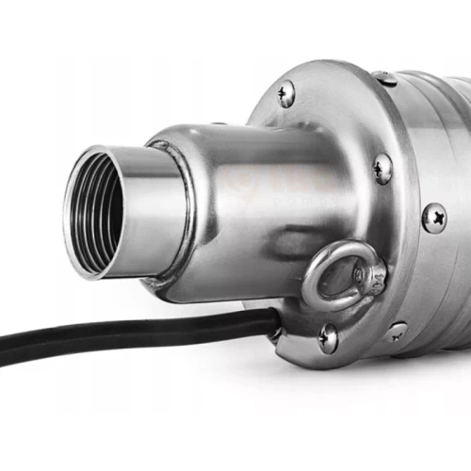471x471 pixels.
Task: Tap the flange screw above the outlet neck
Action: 284,92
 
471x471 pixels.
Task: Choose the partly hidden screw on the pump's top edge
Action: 384,78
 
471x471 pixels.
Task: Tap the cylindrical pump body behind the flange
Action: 443,141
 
